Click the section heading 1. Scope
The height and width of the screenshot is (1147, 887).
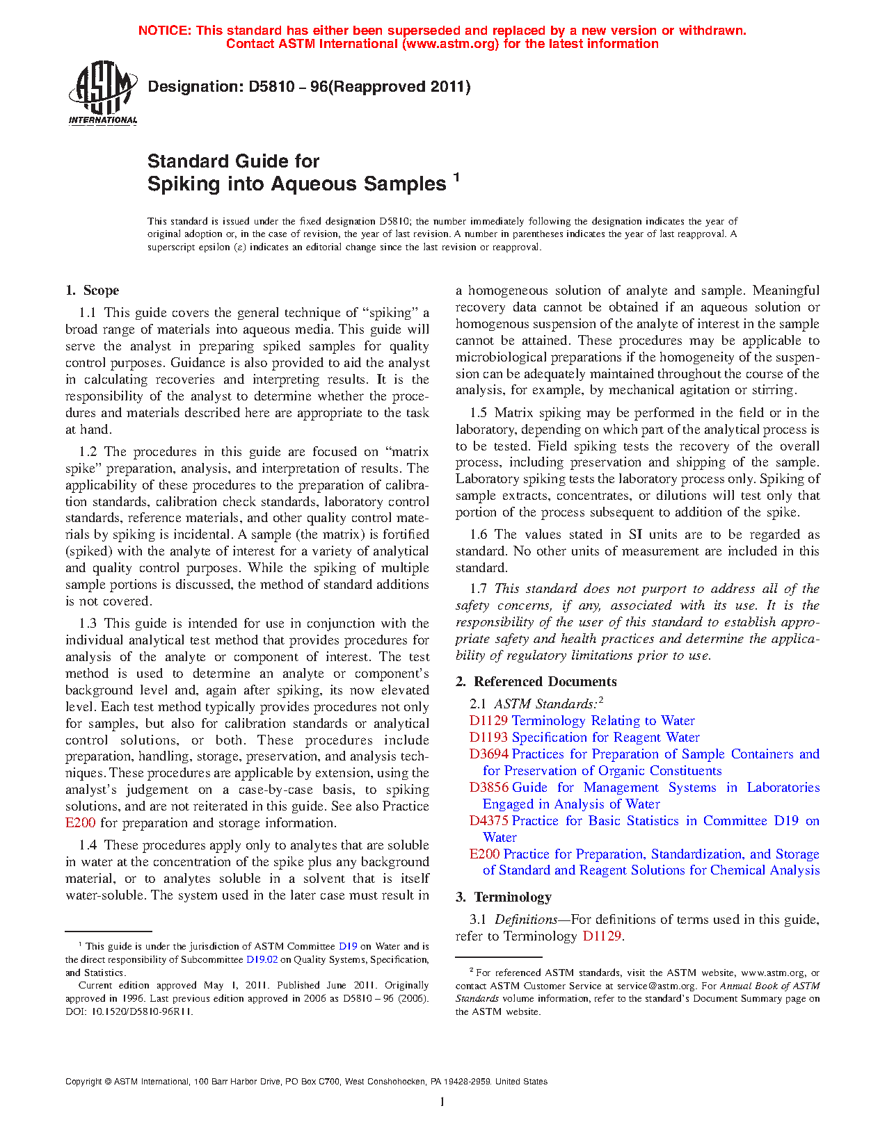(x=92, y=291)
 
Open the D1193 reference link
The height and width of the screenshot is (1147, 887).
(x=488, y=738)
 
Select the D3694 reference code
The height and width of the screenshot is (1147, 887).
(x=488, y=754)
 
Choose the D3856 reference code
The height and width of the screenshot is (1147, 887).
(x=488, y=788)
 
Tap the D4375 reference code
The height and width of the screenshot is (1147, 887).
(x=488, y=821)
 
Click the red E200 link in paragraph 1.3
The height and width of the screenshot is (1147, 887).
(x=80, y=823)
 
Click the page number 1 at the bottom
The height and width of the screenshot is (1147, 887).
(x=442, y=1102)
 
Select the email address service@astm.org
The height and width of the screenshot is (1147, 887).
(x=656, y=986)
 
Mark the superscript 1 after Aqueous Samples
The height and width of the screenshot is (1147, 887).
(x=456, y=177)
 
